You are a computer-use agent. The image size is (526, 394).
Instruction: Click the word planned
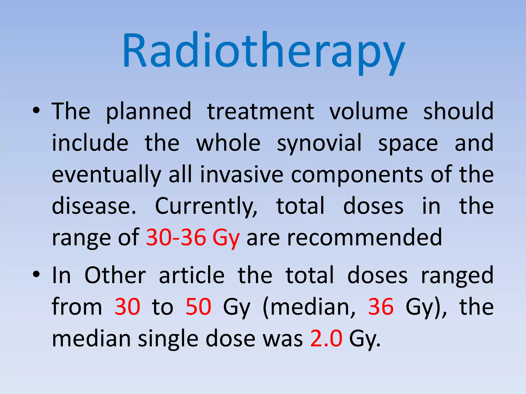[x=148, y=112]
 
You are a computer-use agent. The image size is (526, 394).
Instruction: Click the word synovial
[x=319, y=143]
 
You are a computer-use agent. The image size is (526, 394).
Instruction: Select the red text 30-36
[x=176, y=237]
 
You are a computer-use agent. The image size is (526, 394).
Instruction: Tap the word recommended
[x=344, y=237]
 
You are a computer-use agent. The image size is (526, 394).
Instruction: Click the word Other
[x=115, y=275]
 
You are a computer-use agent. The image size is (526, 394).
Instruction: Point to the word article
[x=192, y=275]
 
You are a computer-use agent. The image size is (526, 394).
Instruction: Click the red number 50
[x=198, y=307]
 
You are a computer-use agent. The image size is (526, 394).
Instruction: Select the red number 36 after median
[x=381, y=307]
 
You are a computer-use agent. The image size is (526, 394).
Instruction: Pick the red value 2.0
[x=326, y=338]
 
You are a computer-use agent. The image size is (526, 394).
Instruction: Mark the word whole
[x=228, y=143]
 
